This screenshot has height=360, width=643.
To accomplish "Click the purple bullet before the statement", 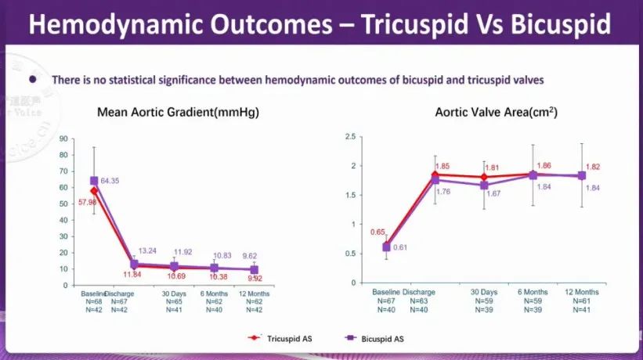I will click(x=33, y=79).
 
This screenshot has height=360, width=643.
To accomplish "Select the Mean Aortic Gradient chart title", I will click(x=178, y=113).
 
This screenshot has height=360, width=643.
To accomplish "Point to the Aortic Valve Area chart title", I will click(x=497, y=113).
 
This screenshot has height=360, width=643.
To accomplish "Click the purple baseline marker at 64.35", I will click(x=94, y=181).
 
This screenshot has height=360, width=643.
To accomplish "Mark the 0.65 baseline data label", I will click(x=377, y=232).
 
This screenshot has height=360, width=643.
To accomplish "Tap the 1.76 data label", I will click(x=442, y=191).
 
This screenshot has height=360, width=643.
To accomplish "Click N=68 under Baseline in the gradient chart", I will click(x=92, y=302).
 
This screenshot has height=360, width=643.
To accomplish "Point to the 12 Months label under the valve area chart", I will click(x=582, y=292).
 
